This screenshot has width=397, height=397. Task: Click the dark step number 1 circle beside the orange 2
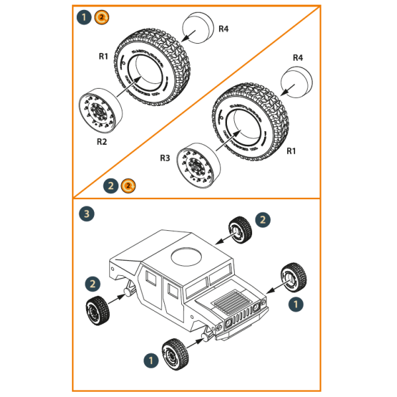pos(84,17)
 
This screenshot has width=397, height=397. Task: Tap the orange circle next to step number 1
pos(101,17)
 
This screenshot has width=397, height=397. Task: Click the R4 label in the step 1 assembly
pos(224,28)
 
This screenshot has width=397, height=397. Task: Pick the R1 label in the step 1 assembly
pos(103,57)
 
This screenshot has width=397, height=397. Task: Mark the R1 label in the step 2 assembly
pos(291,151)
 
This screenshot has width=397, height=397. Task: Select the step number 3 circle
pos(85,214)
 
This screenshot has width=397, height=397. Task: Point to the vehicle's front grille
pos(243,316)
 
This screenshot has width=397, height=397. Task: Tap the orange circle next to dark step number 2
pos(129,186)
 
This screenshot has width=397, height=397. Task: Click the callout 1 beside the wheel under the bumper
pos(151,361)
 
